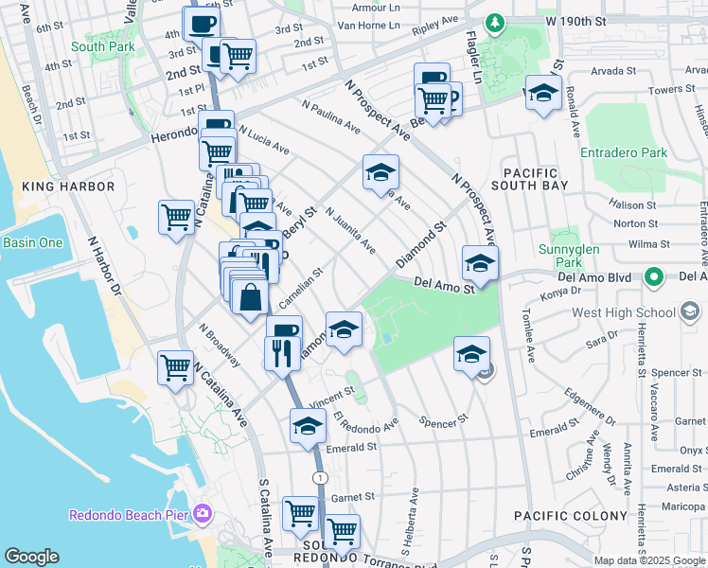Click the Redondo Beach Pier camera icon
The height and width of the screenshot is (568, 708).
(202, 514)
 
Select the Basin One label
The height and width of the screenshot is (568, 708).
(32, 242)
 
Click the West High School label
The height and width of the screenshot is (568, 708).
(623, 312)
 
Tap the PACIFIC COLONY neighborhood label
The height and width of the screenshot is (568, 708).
(570, 516)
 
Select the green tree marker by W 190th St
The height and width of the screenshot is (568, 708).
(493, 22)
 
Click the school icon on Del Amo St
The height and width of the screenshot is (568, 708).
(479, 264)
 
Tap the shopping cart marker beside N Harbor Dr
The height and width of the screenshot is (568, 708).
(177, 218)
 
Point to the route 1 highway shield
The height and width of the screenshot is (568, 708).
(322, 476)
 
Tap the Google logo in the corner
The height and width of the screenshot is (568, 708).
(31, 557)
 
